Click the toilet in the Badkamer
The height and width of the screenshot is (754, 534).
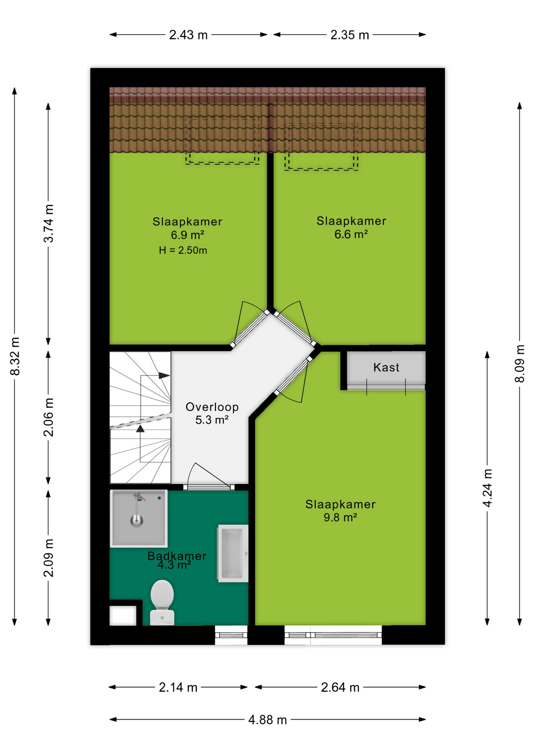162,602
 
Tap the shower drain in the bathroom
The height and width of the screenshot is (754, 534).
136,521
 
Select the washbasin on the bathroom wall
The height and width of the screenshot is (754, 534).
233,553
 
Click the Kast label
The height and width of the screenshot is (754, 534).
386,368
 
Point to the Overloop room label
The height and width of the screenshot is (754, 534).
212,407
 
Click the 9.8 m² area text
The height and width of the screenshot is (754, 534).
340,518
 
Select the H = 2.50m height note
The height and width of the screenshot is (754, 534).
183,250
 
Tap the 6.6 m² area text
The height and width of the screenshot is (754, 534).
351,234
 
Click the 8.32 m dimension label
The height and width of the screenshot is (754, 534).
15,356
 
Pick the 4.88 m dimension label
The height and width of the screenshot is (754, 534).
267,720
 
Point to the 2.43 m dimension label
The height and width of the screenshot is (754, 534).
188,35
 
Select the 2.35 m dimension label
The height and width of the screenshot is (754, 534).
350,35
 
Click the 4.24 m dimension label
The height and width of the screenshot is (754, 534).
487,488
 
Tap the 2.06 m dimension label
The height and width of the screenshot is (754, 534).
48,417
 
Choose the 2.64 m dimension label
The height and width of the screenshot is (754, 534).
340,687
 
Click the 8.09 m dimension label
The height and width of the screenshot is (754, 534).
519,363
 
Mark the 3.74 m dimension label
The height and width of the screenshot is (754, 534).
48,223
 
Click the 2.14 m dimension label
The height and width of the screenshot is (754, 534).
178,687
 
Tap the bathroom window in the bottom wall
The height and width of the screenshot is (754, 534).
231,635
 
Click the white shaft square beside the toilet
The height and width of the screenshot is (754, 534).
123,615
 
